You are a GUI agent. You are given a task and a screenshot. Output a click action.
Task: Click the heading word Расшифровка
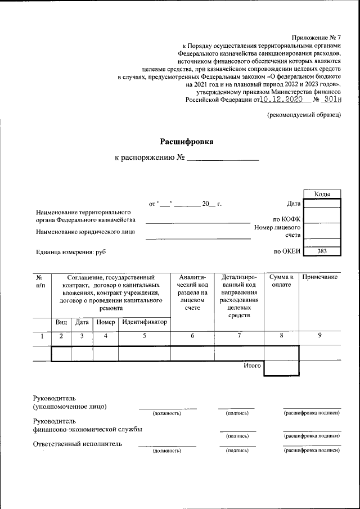(x=187, y=141)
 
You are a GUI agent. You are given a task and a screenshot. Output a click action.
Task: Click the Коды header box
(x=322, y=193)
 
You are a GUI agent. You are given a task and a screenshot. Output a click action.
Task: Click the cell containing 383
(x=322, y=251)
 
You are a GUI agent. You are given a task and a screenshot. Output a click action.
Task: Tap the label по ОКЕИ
(x=287, y=251)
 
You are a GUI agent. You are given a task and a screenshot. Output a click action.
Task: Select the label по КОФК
(x=287, y=219)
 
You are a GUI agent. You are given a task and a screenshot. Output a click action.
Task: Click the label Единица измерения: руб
(x=70, y=253)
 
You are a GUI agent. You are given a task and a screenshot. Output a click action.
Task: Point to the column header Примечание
(x=319, y=277)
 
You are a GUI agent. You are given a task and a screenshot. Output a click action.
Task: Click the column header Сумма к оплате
(x=281, y=281)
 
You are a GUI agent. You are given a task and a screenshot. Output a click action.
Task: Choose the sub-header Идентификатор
(x=145, y=322)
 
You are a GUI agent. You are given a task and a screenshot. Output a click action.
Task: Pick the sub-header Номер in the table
(x=105, y=322)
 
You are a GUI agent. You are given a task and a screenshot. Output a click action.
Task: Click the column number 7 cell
(x=239, y=336)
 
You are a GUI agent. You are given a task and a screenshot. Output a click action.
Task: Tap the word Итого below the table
(x=252, y=366)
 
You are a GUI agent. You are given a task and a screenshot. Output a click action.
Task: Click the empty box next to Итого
(x=281, y=367)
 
